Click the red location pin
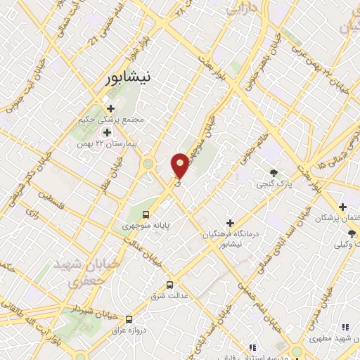coord(180,165)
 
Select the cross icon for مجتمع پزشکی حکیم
coord(111,108)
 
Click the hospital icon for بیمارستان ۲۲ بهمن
coord(107,131)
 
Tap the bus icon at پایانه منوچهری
coord(146,214)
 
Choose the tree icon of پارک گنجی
coord(274,173)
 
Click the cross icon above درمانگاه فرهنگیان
coord(230,222)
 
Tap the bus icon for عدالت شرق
coord(169,285)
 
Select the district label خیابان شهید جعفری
coord(79,270)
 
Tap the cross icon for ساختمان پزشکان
coord(342,207)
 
